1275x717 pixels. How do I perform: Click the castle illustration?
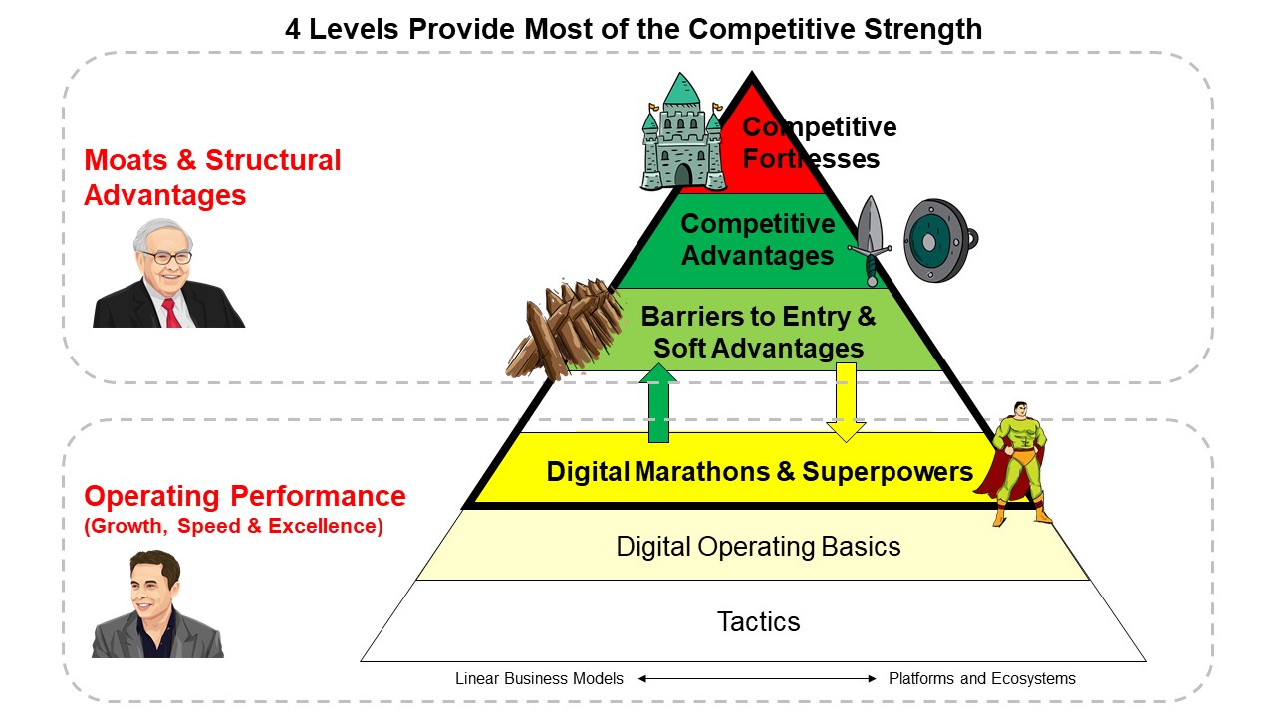[683, 132]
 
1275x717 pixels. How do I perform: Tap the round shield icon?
[940, 240]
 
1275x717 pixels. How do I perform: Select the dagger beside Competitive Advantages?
[870, 241]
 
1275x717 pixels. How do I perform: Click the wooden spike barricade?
[564, 329]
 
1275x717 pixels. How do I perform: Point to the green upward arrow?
[658, 403]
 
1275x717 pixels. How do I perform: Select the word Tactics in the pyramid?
[758, 621]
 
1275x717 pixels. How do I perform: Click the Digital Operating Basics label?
[758, 547]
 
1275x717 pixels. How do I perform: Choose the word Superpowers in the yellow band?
[888, 472]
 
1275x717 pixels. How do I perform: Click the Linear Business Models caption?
[539, 678]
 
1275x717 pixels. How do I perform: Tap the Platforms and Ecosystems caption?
[982, 678]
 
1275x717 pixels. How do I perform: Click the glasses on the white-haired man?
[165, 258]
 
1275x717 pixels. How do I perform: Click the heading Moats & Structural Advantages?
[212, 177]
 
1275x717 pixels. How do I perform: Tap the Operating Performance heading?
[245, 496]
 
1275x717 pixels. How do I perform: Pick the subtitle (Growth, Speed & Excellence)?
[233, 526]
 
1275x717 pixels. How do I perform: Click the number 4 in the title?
[293, 29]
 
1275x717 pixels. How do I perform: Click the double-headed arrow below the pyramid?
[757, 678]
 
